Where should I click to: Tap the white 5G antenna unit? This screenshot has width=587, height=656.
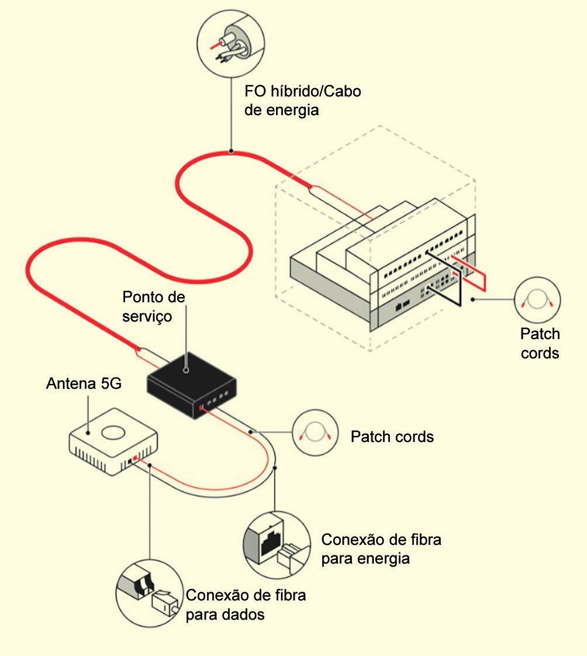point(113,442)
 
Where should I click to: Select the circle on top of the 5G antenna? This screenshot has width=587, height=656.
point(114,433)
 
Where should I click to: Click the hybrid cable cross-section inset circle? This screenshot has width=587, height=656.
point(230,43)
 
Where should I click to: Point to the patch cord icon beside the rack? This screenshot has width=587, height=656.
point(537,300)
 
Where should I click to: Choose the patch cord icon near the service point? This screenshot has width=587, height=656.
point(315,433)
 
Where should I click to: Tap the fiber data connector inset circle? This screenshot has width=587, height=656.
point(149,593)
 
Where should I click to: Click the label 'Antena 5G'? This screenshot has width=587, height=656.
point(84,383)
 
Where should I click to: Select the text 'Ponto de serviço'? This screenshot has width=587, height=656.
point(154,306)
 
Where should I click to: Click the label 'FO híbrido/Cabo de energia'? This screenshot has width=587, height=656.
point(302,101)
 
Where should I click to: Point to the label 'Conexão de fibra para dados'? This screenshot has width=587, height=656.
point(246,605)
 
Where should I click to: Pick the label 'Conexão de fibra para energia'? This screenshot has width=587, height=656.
point(381,548)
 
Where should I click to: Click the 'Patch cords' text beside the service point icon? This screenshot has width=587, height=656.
point(392,436)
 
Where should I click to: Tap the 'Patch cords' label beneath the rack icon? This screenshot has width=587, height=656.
point(540,343)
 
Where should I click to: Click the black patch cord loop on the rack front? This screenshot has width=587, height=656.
point(444,278)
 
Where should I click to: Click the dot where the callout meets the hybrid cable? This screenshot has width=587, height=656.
point(231,151)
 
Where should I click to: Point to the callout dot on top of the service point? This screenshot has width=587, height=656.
point(186,370)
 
